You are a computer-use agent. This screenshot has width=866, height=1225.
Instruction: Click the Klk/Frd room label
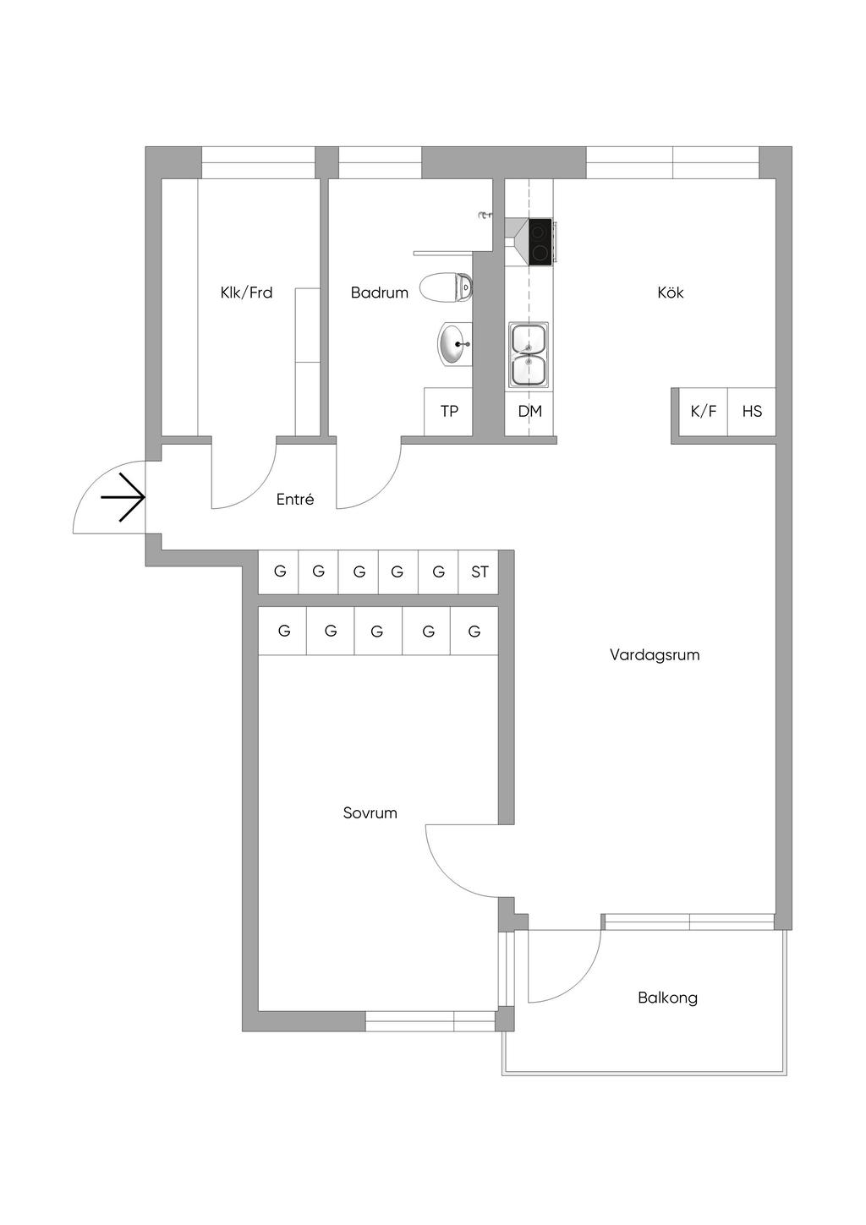[x=246, y=293]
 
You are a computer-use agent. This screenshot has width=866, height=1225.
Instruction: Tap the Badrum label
[x=379, y=293]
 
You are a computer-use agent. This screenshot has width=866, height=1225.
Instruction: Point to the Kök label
[x=670, y=293]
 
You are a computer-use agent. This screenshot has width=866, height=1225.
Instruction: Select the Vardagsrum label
[x=655, y=654]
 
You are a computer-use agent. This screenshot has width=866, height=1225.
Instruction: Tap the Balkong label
[x=667, y=998]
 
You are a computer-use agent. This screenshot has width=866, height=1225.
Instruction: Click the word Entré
[x=295, y=499]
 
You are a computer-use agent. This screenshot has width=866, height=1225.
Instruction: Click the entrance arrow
[x=123, y=497]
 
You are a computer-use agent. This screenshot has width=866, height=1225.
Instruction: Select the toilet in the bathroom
[x=447, y=287]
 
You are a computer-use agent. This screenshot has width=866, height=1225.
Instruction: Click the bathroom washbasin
[x=455, y=344]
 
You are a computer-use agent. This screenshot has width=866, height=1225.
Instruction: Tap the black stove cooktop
[x=540, y=242]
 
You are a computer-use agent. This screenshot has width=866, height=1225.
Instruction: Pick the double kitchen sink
[x=529, y=354]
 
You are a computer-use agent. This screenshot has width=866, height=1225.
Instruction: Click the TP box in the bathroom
[x=448, y=411]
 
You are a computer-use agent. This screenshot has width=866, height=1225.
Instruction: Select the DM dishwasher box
[x=529, y=411]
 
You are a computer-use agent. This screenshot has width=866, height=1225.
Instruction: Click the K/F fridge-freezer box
[x=703, y=411]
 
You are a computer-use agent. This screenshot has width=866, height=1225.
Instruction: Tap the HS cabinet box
[x=752, y=411]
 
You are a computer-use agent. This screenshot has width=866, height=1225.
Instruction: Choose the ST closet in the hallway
[x=479, y=571]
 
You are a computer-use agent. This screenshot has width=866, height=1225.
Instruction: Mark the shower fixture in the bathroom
[x=485, y=215]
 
